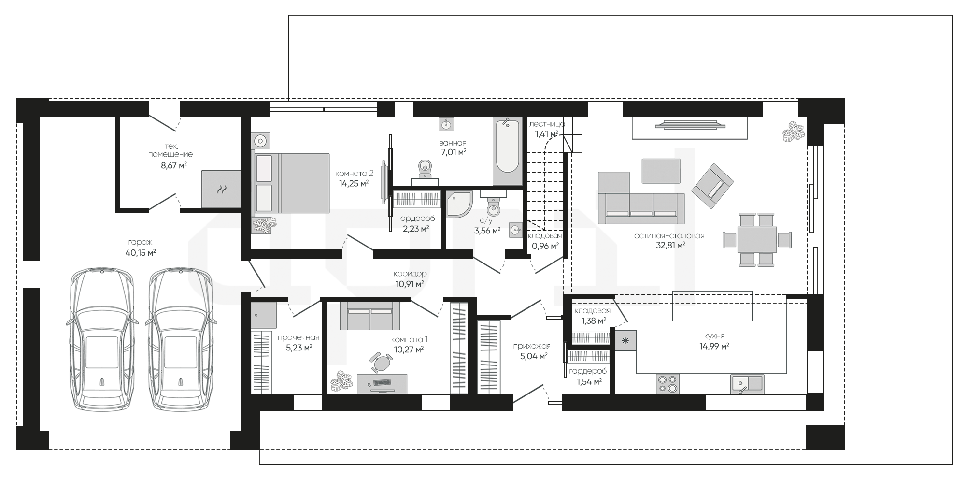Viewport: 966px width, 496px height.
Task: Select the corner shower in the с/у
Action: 459,204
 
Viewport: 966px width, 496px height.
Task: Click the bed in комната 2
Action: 291,183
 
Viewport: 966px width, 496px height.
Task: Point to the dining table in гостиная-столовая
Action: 757,239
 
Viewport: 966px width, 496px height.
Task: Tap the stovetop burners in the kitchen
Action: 668,384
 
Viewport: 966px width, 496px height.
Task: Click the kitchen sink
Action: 747,384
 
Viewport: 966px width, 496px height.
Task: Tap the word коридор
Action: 410,274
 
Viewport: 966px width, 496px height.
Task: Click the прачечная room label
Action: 298,337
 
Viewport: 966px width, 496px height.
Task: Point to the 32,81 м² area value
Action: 668,245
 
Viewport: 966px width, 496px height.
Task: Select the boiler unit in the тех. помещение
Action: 221,189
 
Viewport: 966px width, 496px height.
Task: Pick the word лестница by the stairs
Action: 547,124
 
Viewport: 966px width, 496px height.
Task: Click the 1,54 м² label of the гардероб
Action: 589,381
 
